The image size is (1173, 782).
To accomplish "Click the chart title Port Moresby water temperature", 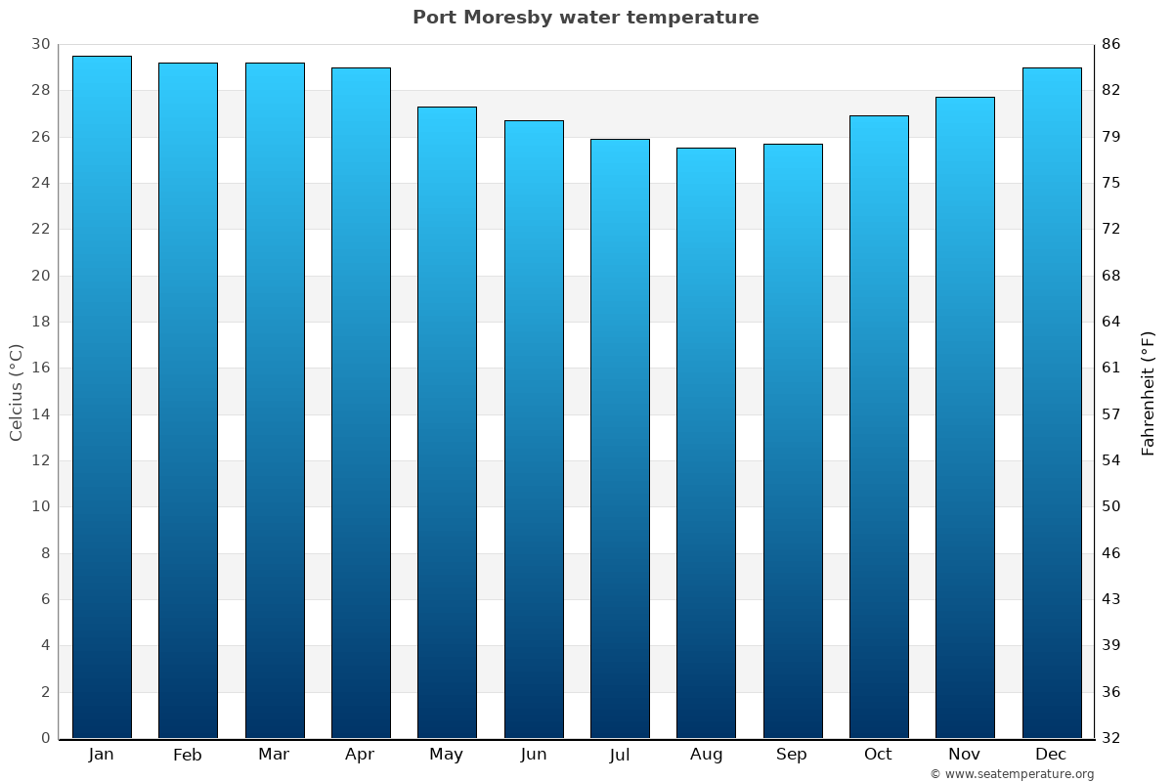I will [586, 18].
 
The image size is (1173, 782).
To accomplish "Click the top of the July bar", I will [620, 141].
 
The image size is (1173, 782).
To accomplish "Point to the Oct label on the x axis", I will [878, 755].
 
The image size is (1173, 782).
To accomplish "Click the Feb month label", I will [187, 755].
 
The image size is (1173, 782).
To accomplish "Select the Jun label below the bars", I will [534, 755].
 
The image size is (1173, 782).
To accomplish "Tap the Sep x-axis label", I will [792, 755].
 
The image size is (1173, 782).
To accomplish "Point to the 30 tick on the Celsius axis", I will [40, 45].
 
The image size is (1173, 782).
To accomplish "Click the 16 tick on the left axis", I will [40, 369].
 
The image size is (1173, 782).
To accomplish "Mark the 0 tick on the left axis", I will [45, 738].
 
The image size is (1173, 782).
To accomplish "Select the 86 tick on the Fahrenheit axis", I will [1110, 45].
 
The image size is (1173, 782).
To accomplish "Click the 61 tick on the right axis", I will [1110, 369].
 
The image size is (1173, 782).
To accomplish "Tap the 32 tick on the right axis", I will [1110, 738].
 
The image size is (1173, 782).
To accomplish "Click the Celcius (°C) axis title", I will [17, 392].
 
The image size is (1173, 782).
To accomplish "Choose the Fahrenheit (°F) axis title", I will [1149, 392].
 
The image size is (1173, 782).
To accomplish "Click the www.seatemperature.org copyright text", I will [1011, 774].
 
